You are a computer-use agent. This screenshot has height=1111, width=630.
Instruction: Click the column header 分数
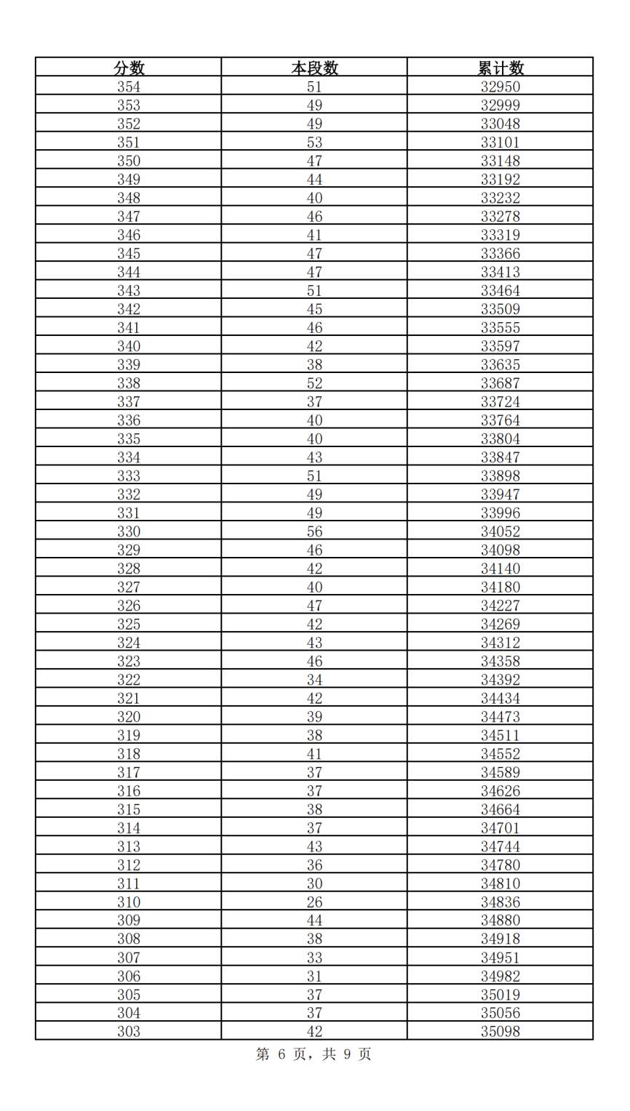(x=129, y=68)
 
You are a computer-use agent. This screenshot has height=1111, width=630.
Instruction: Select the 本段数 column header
(x=314, y=68)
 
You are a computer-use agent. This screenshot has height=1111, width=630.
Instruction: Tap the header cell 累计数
(x=501, y=68)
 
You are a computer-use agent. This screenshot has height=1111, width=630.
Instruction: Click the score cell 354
(x=129, y=87)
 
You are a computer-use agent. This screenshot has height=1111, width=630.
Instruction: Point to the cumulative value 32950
(x=501, y=87)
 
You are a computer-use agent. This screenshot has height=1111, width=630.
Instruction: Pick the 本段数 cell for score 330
(x=314, y=532)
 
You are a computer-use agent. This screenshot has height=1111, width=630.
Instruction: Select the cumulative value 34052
(x=501, y=532)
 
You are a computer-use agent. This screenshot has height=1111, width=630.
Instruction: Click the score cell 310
(x=129, y=902)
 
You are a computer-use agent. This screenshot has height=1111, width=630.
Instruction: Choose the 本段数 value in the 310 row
(x=314, y=902)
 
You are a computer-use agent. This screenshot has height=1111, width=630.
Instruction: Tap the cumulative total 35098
(x=501, y=1032)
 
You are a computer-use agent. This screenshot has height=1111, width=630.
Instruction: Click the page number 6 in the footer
(x=282, y=1054)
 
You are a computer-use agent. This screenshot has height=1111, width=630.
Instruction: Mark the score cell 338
(x=129, y=383)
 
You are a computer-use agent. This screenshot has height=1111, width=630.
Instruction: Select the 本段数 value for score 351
(x=314, y=143)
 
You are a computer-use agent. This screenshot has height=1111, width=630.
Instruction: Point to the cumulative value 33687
(x=501, y=383)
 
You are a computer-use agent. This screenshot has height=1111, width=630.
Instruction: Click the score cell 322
(x=129, y=680)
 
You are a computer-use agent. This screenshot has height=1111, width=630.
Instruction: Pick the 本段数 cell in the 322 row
(x=314, y=680)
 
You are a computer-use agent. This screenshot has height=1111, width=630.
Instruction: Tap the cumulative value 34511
(x=501, y=735)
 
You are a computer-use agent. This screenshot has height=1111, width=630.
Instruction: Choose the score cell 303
(x=129, y=1032)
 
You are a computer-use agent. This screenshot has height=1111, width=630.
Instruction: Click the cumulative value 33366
(x=501, y=254)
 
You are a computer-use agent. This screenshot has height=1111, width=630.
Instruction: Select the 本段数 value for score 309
(x=314, y=921)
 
